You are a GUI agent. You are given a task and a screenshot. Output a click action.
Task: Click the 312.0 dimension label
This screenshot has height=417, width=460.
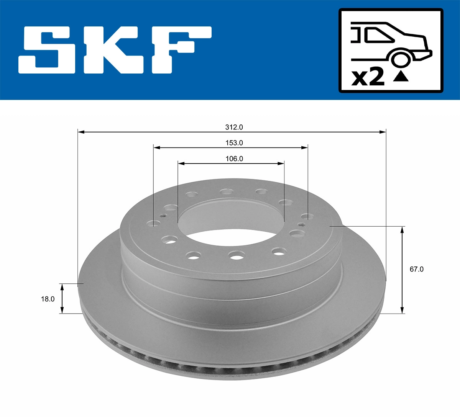(x=234, y=127)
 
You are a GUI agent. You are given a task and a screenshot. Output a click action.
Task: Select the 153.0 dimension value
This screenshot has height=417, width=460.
(x=234, y=143)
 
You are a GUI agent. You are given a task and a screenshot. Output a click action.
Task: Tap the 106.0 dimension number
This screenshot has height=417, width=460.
(x=234, y=159)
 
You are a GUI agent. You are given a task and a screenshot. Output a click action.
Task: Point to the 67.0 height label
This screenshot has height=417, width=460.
(x=416, y=269)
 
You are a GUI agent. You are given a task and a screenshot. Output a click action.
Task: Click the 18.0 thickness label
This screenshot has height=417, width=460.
(x=48, y=299)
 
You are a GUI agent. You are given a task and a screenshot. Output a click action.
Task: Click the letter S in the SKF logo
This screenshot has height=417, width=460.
(x=47, y=50)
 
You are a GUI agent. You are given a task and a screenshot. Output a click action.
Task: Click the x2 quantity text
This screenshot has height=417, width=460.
(x=368, y=78)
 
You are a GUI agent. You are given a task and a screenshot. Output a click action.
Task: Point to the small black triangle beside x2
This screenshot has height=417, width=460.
(x=401, y=76)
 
